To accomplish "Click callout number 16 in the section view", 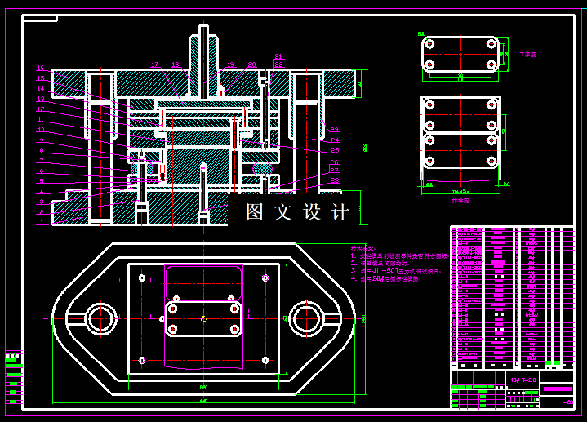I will [39, 68].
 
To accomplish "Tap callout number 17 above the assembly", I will [154, 64].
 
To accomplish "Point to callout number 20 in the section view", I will [251, 64].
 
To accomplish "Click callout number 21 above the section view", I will [278, 56].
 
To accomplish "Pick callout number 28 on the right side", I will [335, 180].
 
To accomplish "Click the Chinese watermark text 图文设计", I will [298, 212].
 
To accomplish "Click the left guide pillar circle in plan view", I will [101, 319].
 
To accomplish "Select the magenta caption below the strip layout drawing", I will [460, 199].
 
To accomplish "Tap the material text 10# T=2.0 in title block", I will [523, 380].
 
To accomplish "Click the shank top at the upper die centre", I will [203, 30].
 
